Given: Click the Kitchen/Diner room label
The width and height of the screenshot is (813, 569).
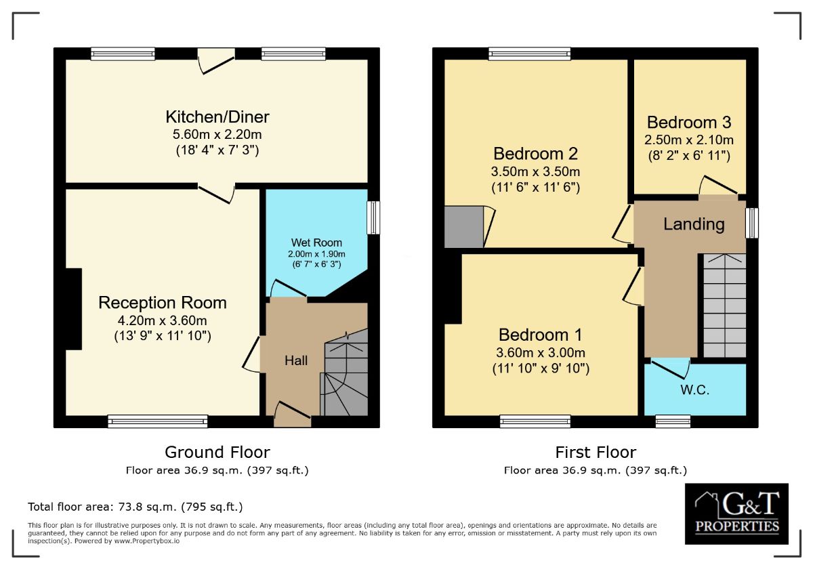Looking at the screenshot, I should pos(217,117).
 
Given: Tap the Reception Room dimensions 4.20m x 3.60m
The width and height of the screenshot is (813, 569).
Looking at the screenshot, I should pos(163,320).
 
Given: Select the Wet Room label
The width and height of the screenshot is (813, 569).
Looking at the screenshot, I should pos(316,243).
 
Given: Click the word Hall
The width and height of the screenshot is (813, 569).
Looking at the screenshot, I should pos(295,360).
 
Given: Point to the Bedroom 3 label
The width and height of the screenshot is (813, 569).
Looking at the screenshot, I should pos(688,123).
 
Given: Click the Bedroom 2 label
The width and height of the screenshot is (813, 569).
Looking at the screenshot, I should pos(536,153).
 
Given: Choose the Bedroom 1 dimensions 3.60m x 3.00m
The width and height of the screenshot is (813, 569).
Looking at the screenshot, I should pos(540,352).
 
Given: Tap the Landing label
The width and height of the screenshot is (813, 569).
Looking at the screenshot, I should pos(694,224).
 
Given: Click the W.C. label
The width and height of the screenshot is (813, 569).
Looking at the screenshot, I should pos(694,390).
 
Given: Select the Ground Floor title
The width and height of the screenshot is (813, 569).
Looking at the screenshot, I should pos(217,452).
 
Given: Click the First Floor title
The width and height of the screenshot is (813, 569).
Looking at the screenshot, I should pos(596,452).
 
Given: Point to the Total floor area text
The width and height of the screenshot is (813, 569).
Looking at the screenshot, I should pos(135,507).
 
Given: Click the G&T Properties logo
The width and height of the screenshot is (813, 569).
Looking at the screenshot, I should pos(736,513).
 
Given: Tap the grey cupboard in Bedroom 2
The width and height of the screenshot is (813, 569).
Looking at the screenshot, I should pos(463,227).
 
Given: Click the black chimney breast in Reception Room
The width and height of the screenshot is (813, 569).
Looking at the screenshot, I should pos(73,308).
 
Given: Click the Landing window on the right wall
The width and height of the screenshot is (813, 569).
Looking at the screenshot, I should pos(751,223).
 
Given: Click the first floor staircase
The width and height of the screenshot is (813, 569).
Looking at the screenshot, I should pos(722,305).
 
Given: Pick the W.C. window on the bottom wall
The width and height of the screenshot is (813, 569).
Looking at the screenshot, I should pos(673,421).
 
